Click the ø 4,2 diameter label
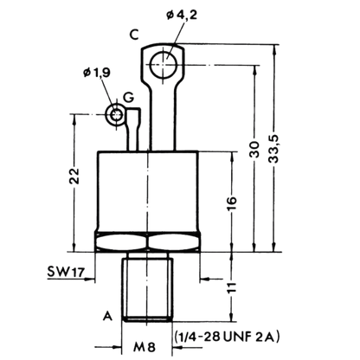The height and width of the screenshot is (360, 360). pyautogui.click(x=182, y=15)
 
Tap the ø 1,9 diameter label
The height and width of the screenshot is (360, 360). pyautogui.click(x=97, y=73)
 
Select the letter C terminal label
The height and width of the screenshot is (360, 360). pyautogui.click(x=134, y=35)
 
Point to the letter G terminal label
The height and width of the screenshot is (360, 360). pyautogui.click(x=129, y=98)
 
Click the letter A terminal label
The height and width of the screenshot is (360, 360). pyautogui.click(x=107, y=316)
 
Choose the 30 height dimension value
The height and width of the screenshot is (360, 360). pyautogui.click(x=254, y=150)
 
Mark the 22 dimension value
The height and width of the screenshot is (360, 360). pyautogui.click(x=74, y=176)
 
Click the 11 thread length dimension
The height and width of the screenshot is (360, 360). pyautogui.click(x=232, y=287)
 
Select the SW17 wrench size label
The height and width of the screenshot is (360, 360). pyautogui.click(x=66, y=272)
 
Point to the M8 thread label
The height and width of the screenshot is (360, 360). pyautogui.click(x=145, y=346)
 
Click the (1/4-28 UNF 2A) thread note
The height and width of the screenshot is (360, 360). pyautogui.click(x=227, y=337)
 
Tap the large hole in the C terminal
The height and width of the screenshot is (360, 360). pyautogui.click(x=164, y=65)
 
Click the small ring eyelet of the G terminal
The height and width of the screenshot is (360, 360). pyautogui.click(x=115, y=115)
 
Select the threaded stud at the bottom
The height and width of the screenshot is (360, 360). pyautogui.click(x=147, y=287)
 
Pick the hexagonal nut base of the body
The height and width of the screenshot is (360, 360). pyautogui.click(x=147, y=241)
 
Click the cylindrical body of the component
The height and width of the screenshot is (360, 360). pyautogui.click(x=148, y=191)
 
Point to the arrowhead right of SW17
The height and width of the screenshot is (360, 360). pyautogui.click(x=90, y=279)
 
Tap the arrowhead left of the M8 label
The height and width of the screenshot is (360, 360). pyautogui.click(x=116, y=347)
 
